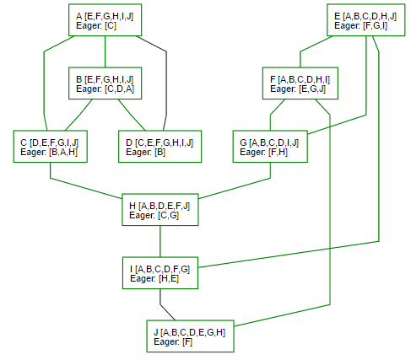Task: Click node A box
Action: (105, 20)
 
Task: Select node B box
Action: (105, 83)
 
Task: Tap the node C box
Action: (51, 147)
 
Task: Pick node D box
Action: (160, 147)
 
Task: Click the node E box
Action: (365, 20)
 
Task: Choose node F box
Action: (300, 83)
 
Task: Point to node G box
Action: (270, 147)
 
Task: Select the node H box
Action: (160, 210)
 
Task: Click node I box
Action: (160, 273)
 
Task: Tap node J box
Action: (190, 336)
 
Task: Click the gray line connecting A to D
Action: (166, 83)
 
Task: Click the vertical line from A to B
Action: (105, 51)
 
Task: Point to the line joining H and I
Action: (160, 241)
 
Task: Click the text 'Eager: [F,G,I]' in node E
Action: (360, 26)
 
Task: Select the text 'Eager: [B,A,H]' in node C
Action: (49, 153)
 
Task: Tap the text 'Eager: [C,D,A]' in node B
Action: (105, 89)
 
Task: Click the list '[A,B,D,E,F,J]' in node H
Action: (164, 207)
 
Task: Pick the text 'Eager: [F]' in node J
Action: (173, 342)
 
